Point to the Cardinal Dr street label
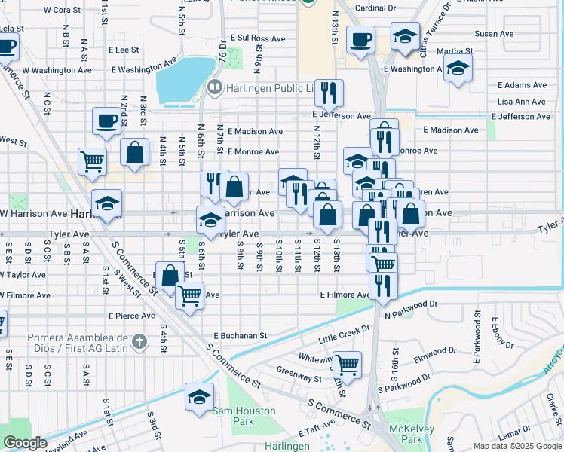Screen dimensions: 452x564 tap(375, 8)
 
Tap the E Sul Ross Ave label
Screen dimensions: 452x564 tap(257, 38)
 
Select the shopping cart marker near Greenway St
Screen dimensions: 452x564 tap(347, 365)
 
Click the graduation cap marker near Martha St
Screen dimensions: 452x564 tap(457, 69)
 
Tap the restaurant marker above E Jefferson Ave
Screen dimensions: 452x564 tap(328, 93)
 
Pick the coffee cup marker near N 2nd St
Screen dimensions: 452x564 tap(106, 120)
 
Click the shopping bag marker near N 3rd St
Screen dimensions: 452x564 tap(134, 153)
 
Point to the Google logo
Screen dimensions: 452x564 tap(25, 444)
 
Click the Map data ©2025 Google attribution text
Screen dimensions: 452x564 tap(517, 446)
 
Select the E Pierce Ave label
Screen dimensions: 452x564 tap(132, 316)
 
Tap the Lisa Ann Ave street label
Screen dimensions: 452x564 tap(522, 102)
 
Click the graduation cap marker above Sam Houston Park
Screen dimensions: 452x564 tap(199, 397)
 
